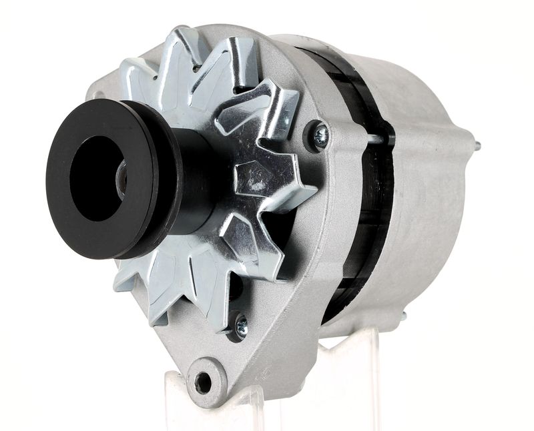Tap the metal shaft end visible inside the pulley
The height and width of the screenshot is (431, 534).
click(x=121, y=179)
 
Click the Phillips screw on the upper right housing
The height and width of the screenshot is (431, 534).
click(x=320, y=136)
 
